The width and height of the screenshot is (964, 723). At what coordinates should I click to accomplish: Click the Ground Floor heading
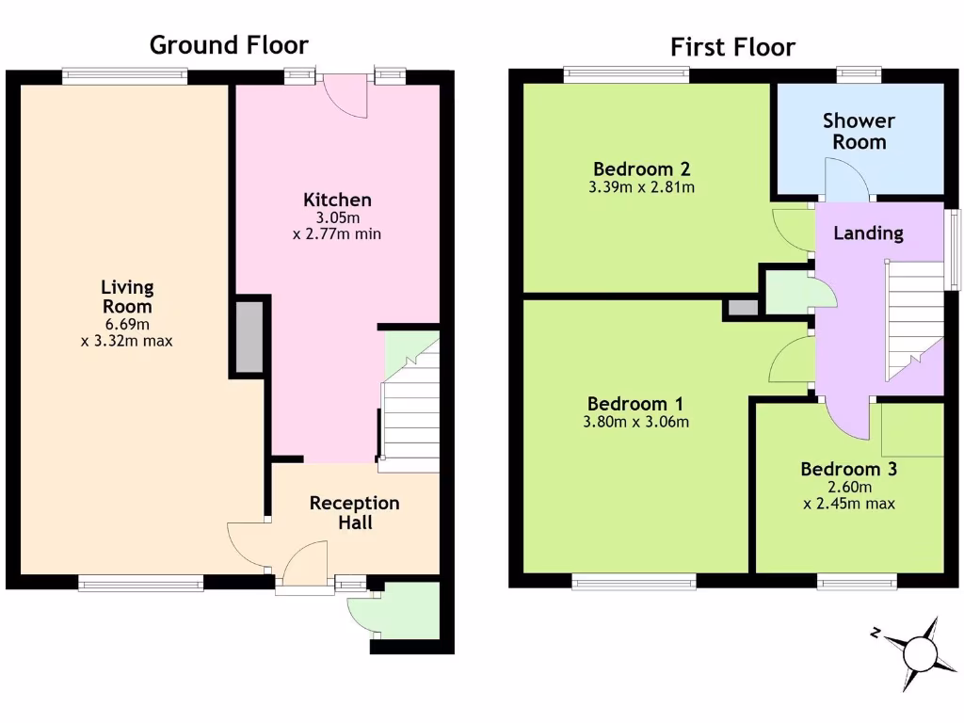(229, 44)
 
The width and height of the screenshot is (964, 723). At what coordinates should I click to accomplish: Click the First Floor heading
(732, 47)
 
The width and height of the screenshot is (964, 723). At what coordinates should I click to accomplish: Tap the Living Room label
(127, 297)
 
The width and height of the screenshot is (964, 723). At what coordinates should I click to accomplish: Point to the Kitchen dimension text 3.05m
(337, 217)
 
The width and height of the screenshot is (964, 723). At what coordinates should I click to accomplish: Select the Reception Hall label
(355, 512)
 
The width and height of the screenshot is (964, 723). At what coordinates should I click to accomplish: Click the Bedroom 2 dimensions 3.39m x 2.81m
(642, 187)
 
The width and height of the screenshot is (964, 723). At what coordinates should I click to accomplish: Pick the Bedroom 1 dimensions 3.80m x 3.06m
(635, 422)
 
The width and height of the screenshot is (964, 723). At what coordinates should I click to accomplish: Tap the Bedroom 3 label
(848, 469)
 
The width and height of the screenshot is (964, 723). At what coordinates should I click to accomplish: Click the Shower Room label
(859, 131)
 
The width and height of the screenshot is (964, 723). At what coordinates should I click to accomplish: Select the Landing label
(868, 233)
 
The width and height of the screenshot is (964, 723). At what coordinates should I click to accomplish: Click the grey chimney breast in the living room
(249, 337)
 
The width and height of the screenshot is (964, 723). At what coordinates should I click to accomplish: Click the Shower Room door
(845, 179)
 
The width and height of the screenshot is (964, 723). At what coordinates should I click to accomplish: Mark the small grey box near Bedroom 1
(741, 308)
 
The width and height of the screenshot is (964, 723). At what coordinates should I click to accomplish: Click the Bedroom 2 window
(626, 74)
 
